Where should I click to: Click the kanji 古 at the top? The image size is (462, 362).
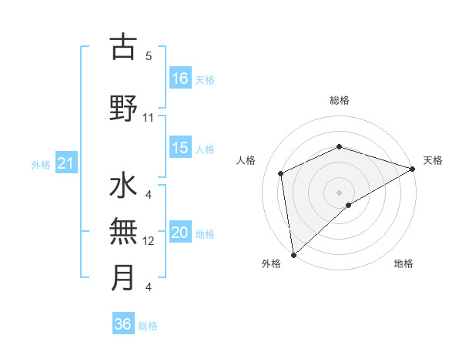[123, 48]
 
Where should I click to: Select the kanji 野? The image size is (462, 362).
[123, 109]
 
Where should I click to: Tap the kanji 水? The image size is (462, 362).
[123, 187]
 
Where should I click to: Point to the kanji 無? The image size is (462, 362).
[123, 232]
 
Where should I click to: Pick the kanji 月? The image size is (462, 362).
[123, 277]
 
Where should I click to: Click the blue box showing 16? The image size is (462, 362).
[180, 78]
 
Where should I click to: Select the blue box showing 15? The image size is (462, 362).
[180, 148]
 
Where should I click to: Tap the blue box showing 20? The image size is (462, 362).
[180, 233]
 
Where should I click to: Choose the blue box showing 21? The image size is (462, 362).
[65, 163]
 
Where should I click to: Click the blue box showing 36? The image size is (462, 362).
[123, 324]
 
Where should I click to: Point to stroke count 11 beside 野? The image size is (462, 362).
[149, 118]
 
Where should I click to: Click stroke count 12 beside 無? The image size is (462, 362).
[149, 241]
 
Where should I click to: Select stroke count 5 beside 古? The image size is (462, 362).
[149, 56]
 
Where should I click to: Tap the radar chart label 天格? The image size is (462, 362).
[433, 160]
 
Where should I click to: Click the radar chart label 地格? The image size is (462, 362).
[403, 263]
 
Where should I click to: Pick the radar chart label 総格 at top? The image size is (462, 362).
[340, 100]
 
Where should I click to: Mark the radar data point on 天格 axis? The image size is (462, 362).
[413, 169]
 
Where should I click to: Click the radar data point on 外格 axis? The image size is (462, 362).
[293, 255]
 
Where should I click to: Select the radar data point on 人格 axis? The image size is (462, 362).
[281, 173]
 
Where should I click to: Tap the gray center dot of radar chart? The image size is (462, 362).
[340, 192]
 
